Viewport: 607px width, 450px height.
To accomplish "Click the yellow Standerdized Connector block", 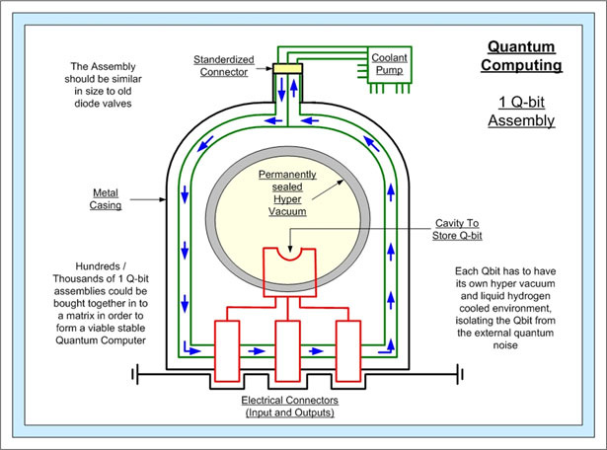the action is point(287,68).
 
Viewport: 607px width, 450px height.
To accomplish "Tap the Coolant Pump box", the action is point(389,64).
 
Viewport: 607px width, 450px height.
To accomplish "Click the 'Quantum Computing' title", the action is point(521,55).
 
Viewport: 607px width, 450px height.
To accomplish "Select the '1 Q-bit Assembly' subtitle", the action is point(521,112).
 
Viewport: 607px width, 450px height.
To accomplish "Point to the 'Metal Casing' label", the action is point(106,199).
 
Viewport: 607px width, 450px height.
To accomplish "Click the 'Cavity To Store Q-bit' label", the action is point(457,229).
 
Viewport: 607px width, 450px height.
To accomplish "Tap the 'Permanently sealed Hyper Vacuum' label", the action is point(287,192).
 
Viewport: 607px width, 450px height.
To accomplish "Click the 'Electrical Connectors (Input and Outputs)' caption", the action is point(290,406).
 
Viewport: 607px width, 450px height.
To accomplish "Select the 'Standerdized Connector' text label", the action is point(224,66).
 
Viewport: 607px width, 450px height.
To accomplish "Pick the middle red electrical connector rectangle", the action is point(287,351).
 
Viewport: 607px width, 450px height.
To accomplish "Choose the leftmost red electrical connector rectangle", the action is point(227,351).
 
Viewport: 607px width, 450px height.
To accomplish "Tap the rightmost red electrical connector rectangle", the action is point(348,351).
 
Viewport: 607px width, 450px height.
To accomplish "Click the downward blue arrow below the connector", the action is point(281,89).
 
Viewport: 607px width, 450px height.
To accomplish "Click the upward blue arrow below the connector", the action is point(294,88).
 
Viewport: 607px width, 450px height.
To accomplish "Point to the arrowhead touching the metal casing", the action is point(163,199).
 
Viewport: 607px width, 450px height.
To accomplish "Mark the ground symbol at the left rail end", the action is point(135,374).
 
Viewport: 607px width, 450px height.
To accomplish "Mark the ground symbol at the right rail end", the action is point(460,374).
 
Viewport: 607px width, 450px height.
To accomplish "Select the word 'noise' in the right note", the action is point(505,345).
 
